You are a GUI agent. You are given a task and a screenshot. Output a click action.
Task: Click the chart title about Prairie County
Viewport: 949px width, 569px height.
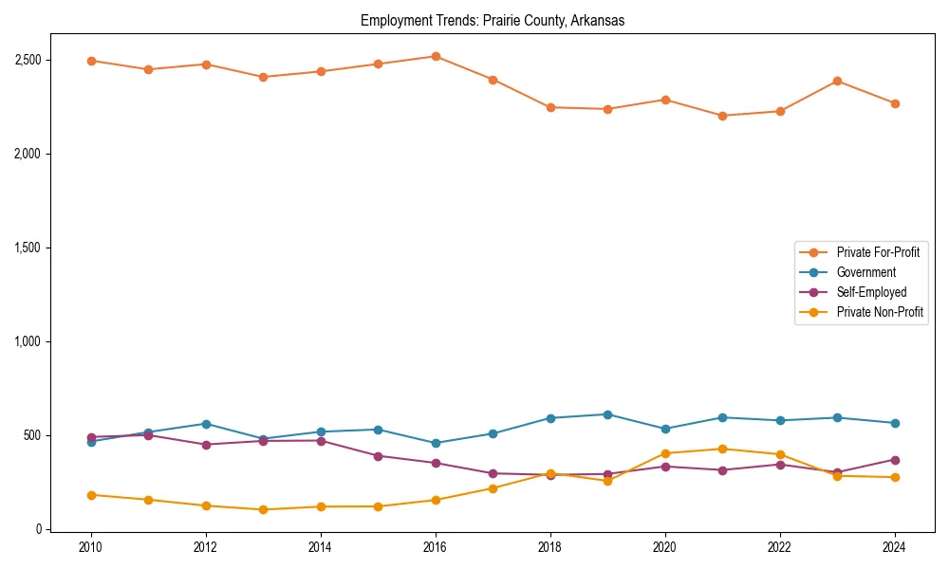493,21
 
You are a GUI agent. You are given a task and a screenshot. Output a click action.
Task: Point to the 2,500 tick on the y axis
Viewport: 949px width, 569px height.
29,60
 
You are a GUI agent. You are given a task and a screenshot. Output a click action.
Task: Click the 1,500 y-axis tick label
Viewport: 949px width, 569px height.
29,248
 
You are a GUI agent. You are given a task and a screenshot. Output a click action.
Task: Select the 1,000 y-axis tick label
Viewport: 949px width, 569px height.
29,341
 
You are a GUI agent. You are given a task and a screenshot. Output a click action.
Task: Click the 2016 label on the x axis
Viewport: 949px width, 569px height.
436,547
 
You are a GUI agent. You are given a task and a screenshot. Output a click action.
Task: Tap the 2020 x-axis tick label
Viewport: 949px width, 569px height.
665,547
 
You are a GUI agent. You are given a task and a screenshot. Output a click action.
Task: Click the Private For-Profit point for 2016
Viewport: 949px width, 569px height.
436,56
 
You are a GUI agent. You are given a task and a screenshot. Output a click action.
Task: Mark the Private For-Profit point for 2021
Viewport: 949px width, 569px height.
722,116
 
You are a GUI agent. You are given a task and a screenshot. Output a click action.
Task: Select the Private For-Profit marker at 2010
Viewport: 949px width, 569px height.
91,61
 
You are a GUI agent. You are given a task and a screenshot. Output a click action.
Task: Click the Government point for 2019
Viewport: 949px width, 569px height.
607,414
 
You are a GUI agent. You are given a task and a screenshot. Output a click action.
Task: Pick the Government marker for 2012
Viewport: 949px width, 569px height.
206,424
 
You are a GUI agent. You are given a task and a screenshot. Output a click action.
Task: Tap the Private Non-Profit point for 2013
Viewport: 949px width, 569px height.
263,509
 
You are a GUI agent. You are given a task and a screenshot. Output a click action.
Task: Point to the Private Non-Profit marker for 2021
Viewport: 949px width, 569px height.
722,449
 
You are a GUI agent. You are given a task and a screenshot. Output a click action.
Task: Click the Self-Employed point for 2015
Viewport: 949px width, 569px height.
378,456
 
